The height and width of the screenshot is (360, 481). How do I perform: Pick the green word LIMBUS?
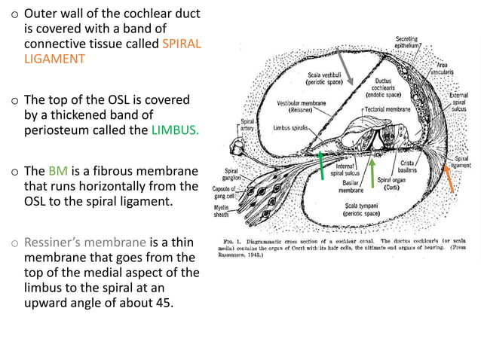point(176,129)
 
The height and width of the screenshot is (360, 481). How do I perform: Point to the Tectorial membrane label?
point(388,109)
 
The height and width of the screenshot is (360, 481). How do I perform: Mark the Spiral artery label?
point(247,124)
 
